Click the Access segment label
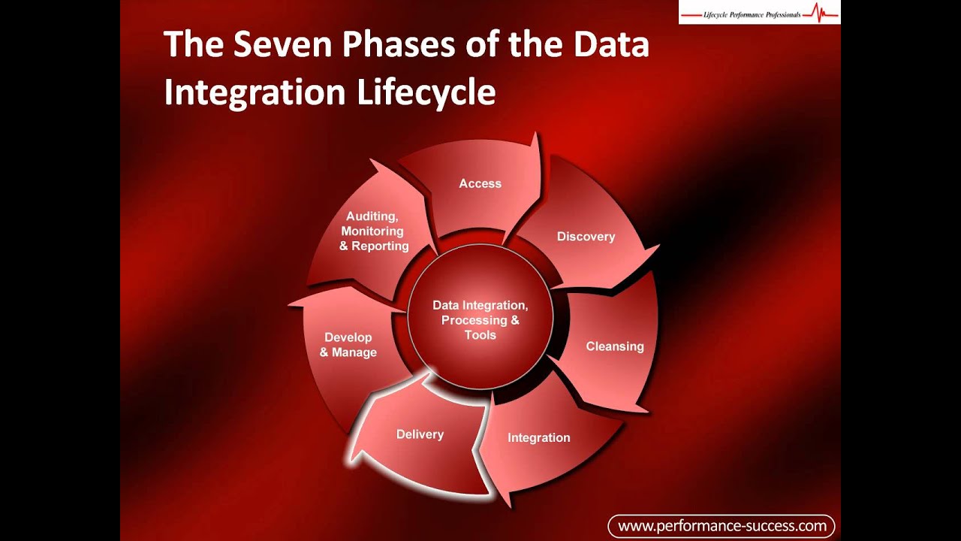click(480, 183)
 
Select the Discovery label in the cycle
click(586, 237)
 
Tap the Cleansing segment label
click(615, 346)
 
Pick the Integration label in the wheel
click(538, 437)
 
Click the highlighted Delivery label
click(420, 434)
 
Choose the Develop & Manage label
click(348, 345)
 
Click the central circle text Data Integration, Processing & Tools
click(480, 320)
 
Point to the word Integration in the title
click(255, 92)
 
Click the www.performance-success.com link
click(721, 526)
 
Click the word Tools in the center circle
click(480, 335)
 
